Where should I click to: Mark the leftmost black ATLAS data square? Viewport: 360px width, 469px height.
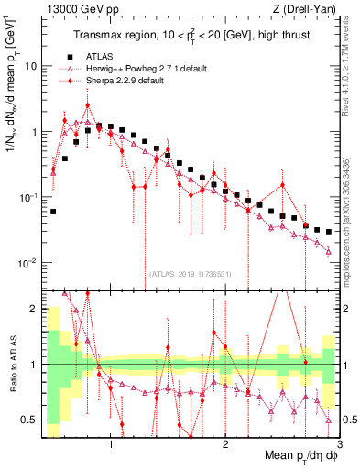[53, 212]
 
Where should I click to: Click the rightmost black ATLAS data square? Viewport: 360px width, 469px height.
[328, 232]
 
